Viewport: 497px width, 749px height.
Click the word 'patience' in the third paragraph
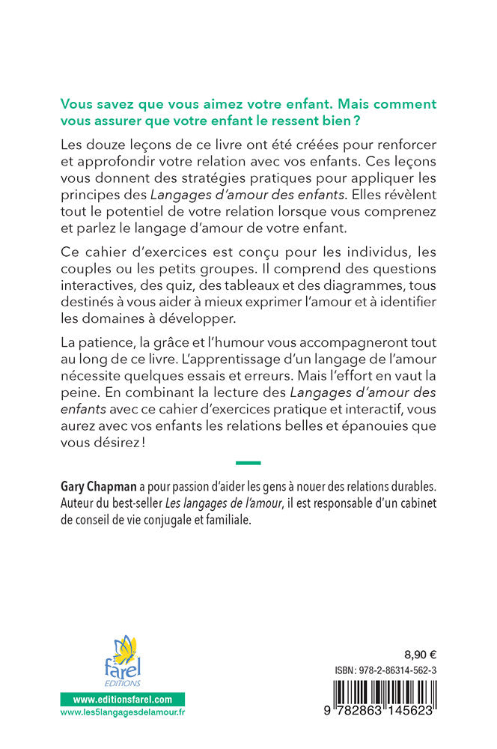point(109,356)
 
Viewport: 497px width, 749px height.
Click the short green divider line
point(248,463)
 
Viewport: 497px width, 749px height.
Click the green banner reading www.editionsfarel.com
point(123,698)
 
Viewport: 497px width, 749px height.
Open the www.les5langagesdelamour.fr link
point(123,714)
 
